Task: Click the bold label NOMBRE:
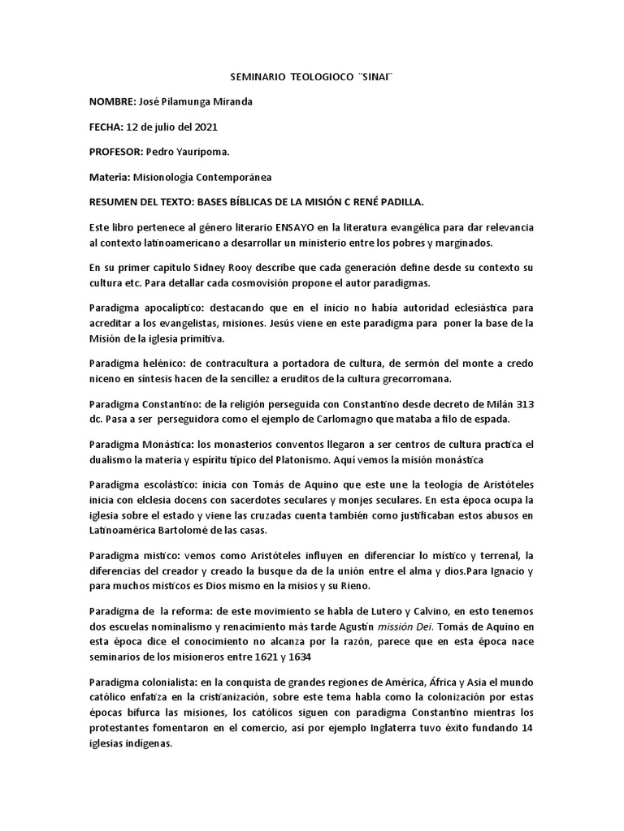[x=113, y=101]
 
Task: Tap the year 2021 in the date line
[x=204, y=127]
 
